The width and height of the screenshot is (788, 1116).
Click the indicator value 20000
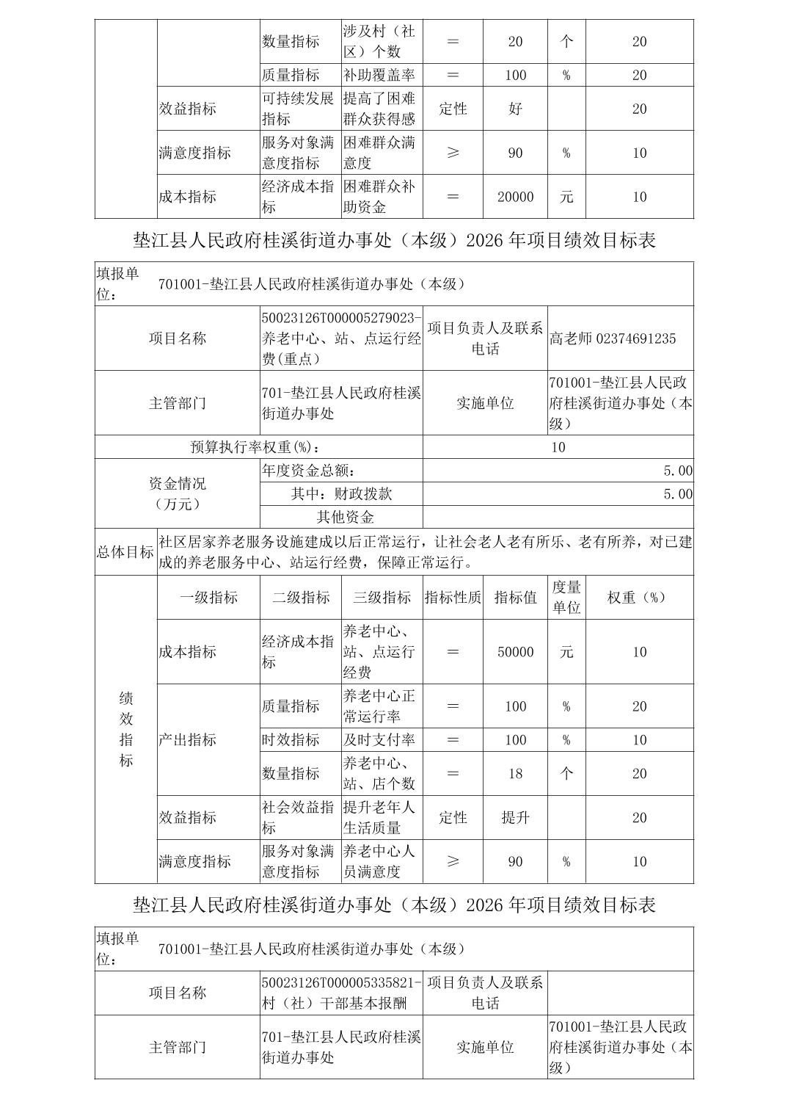[x=515, y=197]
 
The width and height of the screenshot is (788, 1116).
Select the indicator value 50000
[x=515, y=652]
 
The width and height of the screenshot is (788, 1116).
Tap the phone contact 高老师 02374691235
[x=613, y=338]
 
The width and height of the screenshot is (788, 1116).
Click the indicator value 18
[x=515, y=774]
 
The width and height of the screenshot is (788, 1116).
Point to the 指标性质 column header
[x=453, y=598]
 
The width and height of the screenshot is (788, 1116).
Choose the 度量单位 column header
[x=566, y=598]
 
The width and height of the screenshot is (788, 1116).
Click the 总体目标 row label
[x=125, y=552]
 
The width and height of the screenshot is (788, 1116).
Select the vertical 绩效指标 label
[x=125, y=729]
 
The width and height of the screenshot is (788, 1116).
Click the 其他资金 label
[x=345, y=517]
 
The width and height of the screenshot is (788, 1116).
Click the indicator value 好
[x=515, y=109]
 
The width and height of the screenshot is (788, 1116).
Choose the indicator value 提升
[x=515, y=817]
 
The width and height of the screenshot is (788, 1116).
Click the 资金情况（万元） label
[x=178, y=493]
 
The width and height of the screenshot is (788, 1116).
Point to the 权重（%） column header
[x=639, y=598]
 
